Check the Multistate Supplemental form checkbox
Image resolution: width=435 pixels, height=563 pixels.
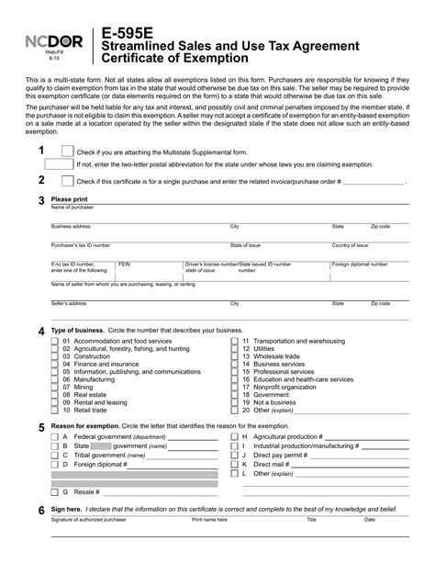pos(67,151)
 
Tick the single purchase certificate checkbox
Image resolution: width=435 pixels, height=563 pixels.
pos(67,181)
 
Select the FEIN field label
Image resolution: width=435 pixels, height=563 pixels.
pos(125,264)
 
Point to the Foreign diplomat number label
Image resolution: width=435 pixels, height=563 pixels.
pos(360,264)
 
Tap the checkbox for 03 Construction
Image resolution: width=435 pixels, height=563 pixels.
pos(54,356)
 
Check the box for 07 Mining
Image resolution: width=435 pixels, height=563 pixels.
pos(54,387)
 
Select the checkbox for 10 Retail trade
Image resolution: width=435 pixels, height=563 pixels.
pos(54,410)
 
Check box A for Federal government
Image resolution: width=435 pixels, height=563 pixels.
pos(54,437)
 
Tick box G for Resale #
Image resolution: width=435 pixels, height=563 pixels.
pos(54,491)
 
